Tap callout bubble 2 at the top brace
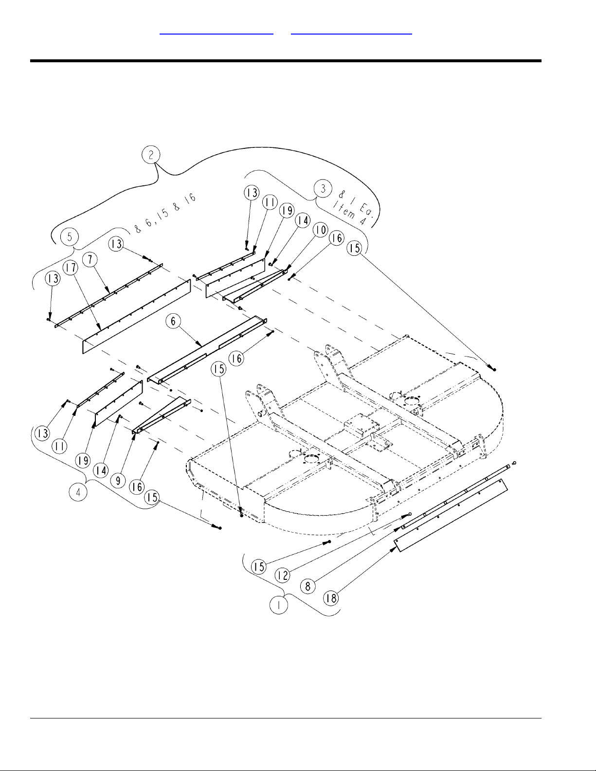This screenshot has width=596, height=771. pyautogui.click(x=151, y=155)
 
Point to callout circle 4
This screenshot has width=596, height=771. pyautogui.click(x=78, y=492)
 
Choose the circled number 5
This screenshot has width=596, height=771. pyautogui.click(x=70, y=237)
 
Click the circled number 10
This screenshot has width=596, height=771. pyautogui.click(x=320, y=230)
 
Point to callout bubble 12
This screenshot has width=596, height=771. pyautogui.click(x=283, y=575)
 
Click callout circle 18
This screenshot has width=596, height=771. pyautogui.click(x=331, y=598)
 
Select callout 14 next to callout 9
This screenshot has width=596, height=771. pyautogui.click(x=102, y=471)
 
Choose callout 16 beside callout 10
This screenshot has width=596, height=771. pyautogui.click(x=336, y=238)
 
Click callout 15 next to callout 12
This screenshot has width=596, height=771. pyautogui.click(x=259, y=567)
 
